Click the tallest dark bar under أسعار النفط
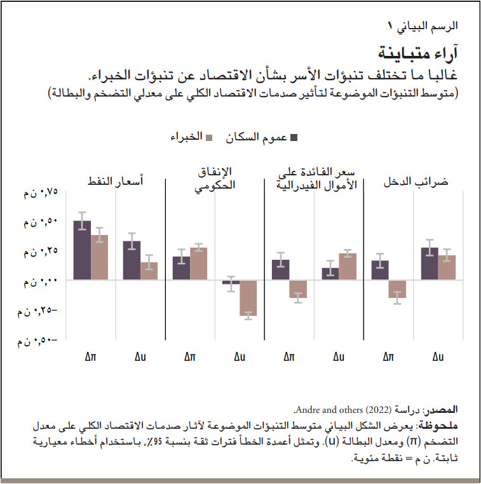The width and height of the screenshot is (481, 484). [82, 250]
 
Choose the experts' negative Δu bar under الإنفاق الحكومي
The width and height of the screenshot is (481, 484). [248, 297]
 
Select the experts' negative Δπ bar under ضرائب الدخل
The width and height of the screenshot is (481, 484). [397, 289]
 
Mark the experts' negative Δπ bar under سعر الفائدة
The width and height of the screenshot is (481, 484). [297, 289]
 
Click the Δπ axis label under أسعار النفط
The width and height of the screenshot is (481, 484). [91, 358]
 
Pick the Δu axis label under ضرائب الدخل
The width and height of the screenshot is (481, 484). [438, 358]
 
